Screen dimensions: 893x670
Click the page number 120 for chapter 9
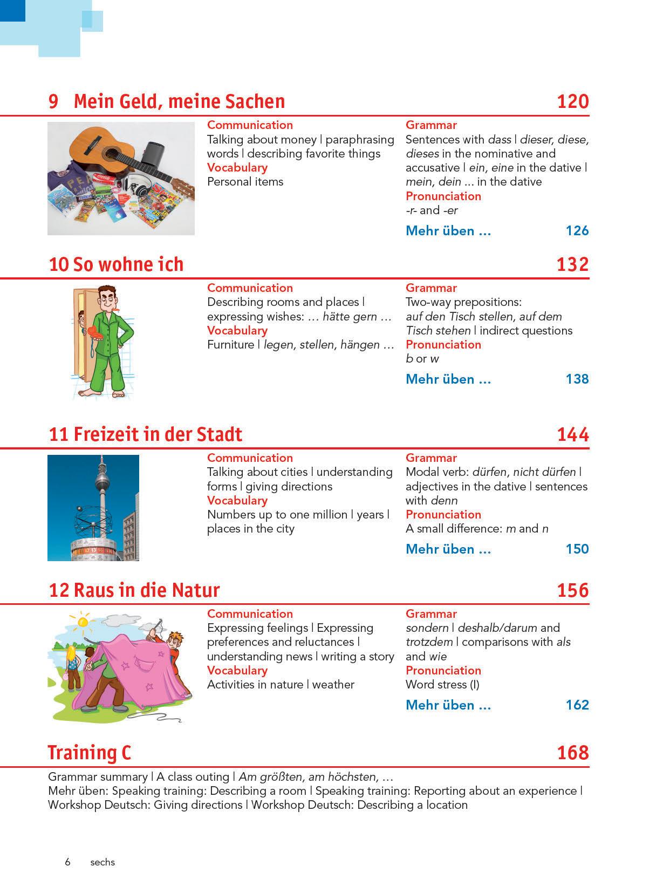pos(572,101)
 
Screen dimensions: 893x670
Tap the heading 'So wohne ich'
pos(128,264)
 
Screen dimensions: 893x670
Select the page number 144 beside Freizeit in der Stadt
pos(572,434)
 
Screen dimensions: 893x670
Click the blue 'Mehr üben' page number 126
pos(577,231)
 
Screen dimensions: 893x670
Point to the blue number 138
pos(577,379)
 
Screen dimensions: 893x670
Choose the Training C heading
pos(90,753)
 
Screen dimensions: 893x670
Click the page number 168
pos(572,753)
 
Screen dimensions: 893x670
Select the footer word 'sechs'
pos(102,862)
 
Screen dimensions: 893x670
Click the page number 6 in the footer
pos(67,862)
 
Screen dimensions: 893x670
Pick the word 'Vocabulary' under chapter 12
pos(237,671)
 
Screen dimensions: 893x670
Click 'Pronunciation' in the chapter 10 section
pos(443,345)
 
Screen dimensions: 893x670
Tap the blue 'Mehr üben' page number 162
pos(577,705)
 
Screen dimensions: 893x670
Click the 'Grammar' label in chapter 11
pos(431,458)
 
